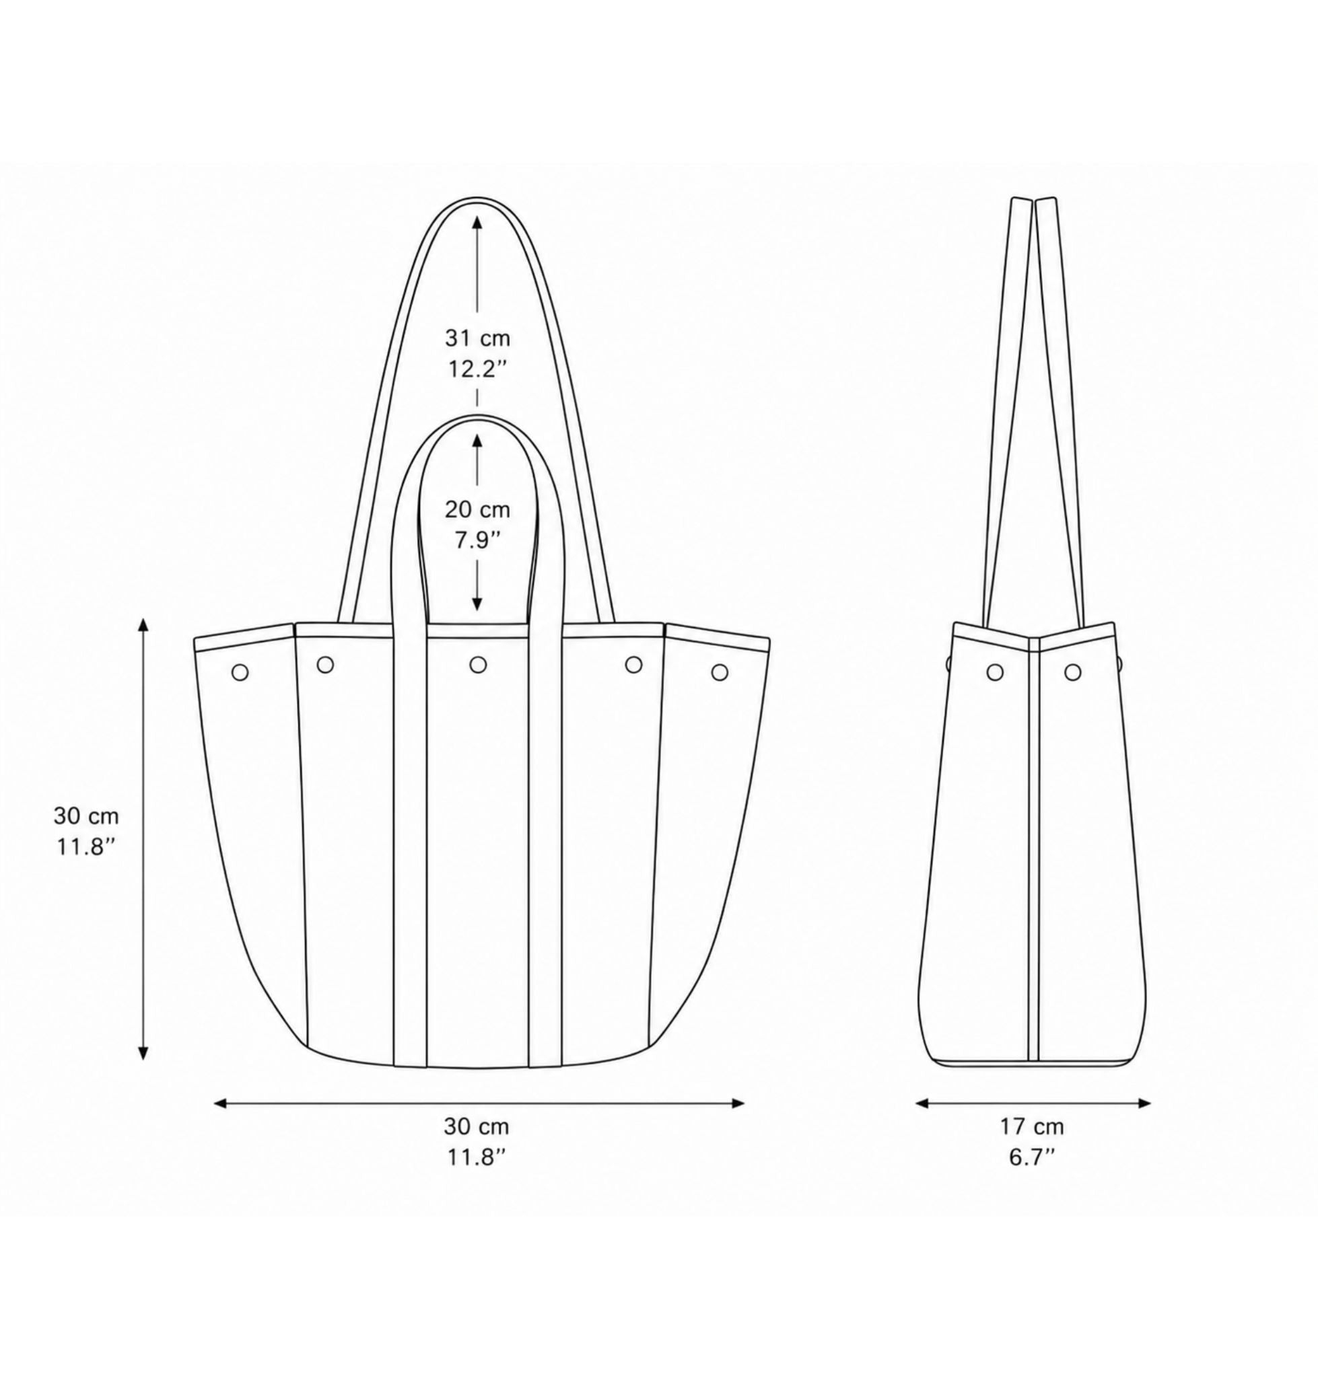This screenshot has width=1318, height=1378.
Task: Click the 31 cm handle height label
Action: tap(477, 338)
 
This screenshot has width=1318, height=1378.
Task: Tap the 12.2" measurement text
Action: tap(477, 369)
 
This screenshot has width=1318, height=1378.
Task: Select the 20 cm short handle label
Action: tap(477, 510)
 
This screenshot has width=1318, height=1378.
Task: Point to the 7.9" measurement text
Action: tap(477, 540)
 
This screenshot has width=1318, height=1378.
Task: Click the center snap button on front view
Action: tap(478, 663)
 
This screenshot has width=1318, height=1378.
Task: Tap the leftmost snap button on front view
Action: tap(240, 672)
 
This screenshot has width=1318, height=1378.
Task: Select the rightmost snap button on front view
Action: tap(718, 672)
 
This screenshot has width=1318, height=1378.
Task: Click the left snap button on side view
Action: tap(995, 672)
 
